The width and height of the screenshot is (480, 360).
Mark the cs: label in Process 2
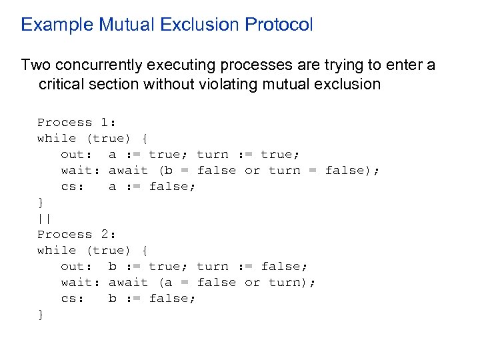pyautogui.click(x=73, y=298)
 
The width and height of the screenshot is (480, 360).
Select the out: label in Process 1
pyautogui.click(x=77, y=154)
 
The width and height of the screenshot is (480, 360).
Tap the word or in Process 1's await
pyautogui.click(x=252, y=170)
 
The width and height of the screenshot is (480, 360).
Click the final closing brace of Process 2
pyautogui.click(x=41, y=314)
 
